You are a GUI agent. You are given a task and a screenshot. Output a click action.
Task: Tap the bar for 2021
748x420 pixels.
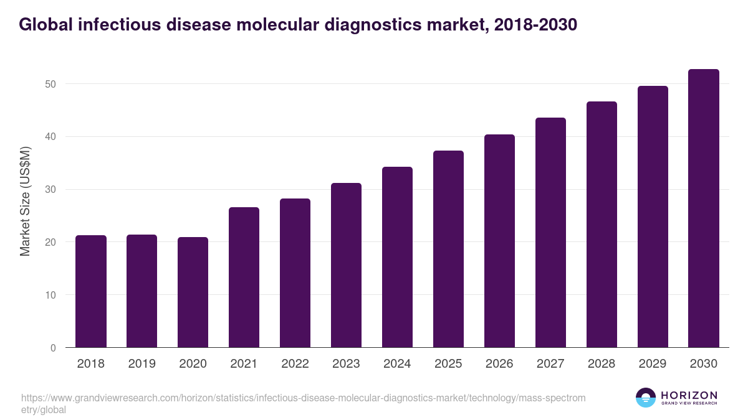pyautogui.click(x=244, y=278)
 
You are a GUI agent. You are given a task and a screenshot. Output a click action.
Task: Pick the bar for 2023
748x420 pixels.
pyautogui.click(x=346, y=265)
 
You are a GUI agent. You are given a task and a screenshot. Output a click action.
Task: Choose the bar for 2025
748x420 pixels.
pyautogui.click(x=448, y=249)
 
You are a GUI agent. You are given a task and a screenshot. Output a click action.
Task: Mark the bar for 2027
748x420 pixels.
pyautogui.click(x=550, y=233)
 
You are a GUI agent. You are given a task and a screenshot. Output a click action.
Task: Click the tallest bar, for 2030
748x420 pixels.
pyautogui.click(x=704, y=208)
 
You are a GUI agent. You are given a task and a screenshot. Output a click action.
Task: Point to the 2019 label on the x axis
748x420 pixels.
pyautogui.click(x=142, y=364)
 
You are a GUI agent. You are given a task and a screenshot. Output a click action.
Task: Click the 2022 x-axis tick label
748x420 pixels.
pyautogui.click(x=295, y=364)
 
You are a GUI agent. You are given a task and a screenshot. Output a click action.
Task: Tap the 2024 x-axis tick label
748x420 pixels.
pyautogui.click(x=397, y=364)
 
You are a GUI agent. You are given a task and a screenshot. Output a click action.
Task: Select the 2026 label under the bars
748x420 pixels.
pyautogui.click(x=499, y=364)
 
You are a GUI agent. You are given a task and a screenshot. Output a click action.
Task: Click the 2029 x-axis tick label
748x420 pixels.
pyautogui.click(x=653, y=364)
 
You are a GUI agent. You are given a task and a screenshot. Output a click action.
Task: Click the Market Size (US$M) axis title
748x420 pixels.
pyautogui.click(x=25, y=200)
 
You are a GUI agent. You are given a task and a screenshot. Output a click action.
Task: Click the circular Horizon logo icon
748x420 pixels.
pyautogui.click(x=646, y=398)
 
